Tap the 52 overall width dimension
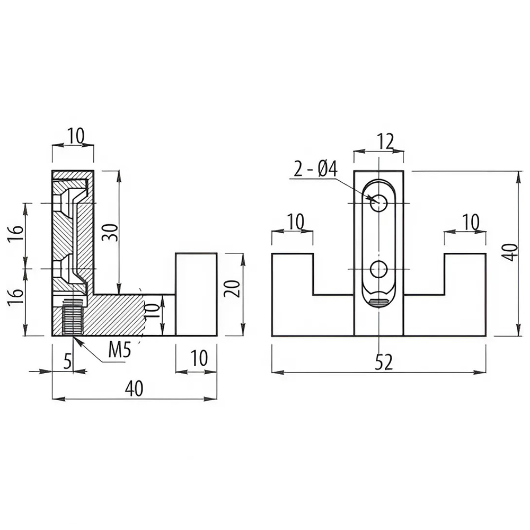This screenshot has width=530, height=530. click(x=384, y=362)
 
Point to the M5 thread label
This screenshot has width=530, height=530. click(x=119, y=350)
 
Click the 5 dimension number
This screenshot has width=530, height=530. click(x=68, y=361)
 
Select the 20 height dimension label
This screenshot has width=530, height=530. click(x=233, y=288)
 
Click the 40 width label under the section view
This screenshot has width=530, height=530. click(x=134, y=388)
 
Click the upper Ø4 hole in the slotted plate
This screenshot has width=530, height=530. click(x=378, y=204)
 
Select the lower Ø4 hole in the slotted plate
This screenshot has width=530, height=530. click(x=378, y=269)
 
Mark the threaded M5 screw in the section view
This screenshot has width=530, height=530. click(x=73, y=317)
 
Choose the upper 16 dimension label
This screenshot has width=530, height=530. click(x=17, y=232)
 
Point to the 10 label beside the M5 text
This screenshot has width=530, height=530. click(x=199, y=358)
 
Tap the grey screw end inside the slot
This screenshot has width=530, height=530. click(x=378, y=303)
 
